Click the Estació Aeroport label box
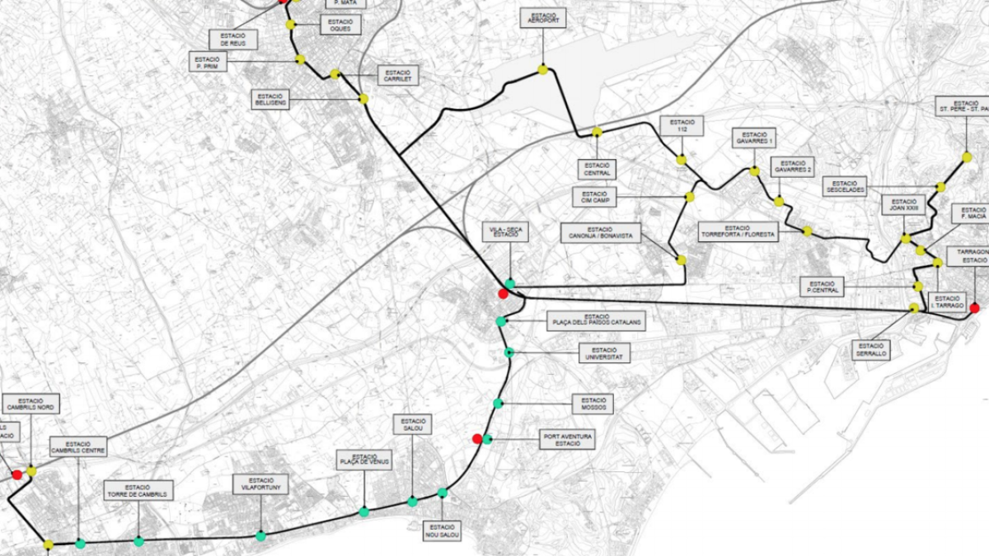(x=543, y=18)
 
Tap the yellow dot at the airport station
(x=543, y=70)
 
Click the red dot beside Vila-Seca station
(x=503, y=293)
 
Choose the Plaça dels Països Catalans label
(x=596, y=321)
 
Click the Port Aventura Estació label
(x=568, y=439)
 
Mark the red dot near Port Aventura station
(x=476, y=438)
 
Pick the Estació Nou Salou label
(x=442, y=530)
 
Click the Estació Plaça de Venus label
(x=364, y=460)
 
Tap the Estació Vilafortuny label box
(x=260, y=484)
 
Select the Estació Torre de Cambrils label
(x=138, y=491)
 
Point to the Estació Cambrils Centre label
(x=78, y=446)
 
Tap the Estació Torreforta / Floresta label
(x=738, y=231)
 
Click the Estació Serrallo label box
(x=871, y=350)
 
